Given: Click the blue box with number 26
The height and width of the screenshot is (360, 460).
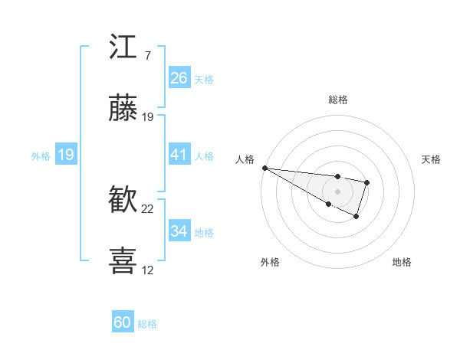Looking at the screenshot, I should [179, 78].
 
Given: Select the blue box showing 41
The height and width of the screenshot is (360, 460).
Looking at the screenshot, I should [179, 155].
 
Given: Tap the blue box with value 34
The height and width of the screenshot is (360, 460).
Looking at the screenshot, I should [179, 231].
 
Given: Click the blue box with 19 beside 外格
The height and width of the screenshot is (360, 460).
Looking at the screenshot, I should [66, 155].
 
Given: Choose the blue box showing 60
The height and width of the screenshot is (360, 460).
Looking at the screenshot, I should [123, 323].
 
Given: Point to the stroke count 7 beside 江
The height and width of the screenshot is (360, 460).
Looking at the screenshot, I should [147, 56].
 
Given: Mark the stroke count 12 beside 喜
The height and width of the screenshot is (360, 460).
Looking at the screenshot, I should [148, 270].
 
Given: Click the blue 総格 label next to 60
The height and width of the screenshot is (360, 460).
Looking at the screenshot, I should [148, 324].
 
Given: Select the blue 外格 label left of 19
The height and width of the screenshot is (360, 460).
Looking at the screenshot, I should [41, 156].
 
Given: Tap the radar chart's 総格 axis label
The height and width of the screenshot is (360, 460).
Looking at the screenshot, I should [338, 100].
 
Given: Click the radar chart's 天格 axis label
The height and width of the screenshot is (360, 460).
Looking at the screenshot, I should [431, 159].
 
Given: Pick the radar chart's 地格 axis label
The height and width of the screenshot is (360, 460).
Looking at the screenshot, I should [402, 262].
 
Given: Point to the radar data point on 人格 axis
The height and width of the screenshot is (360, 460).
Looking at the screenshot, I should [264, 168].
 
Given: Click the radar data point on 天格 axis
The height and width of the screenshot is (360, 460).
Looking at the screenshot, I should [367, 182].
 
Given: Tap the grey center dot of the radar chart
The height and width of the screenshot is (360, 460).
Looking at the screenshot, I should [337, 191].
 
